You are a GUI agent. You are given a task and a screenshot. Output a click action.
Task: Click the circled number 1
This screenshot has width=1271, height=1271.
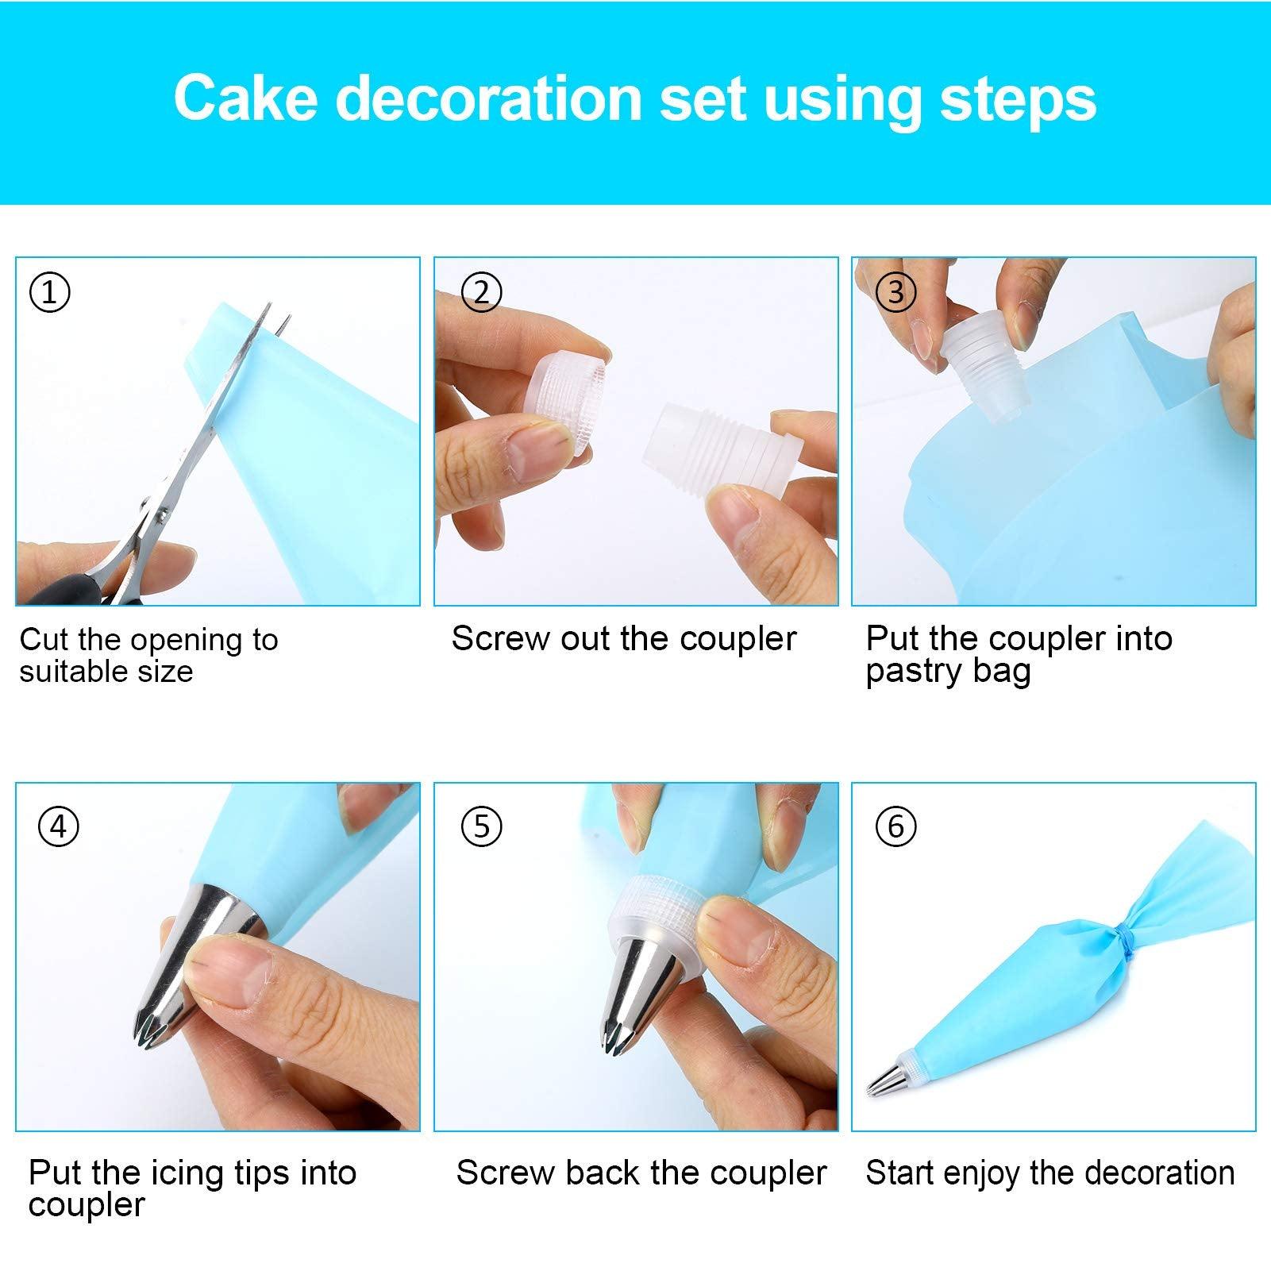point(49,292)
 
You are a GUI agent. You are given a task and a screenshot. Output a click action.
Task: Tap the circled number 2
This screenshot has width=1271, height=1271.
point(481,292)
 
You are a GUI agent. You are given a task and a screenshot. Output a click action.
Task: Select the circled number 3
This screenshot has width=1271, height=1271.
point(895,292)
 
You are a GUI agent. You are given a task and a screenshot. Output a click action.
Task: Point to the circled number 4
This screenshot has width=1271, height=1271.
point(59,826)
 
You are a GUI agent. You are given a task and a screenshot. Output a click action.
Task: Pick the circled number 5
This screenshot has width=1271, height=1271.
point(481,826)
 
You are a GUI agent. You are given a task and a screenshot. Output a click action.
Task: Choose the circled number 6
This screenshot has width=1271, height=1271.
point(895,826)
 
